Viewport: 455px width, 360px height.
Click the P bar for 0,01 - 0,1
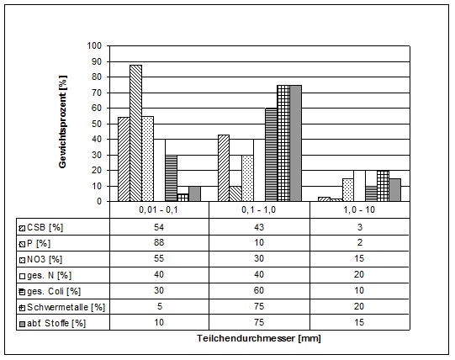coord(135,133)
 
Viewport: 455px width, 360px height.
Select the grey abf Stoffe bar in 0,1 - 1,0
coord(295,143)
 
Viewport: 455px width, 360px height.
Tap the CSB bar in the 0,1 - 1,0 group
coord(224,168)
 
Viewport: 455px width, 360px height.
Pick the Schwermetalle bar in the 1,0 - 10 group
coord(383,186)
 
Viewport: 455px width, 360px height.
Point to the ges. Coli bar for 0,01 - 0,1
coord(172,178)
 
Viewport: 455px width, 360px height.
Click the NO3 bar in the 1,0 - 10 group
coord(347,190)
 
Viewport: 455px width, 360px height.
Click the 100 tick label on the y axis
coord(94,45)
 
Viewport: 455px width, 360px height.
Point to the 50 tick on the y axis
coord(97,124)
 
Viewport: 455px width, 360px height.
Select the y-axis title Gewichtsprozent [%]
coord(63,122)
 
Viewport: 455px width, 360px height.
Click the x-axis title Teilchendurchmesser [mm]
coord(259,338)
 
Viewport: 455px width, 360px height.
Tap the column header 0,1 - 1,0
coord(258,209)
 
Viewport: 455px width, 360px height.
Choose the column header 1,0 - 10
coord(359,209)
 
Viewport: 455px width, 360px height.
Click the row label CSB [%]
coord(45,227)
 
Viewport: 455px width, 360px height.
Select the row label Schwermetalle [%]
coord(66,307)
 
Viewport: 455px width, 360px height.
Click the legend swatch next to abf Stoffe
coord(22,324)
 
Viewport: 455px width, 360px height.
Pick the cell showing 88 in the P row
coord(159,242)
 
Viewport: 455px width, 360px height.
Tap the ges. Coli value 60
coord(259,290)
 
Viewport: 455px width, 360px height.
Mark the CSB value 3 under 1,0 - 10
coord(360,227)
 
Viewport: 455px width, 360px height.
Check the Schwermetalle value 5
coord(159,306)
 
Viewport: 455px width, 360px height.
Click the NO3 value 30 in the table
coord(259,258)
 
